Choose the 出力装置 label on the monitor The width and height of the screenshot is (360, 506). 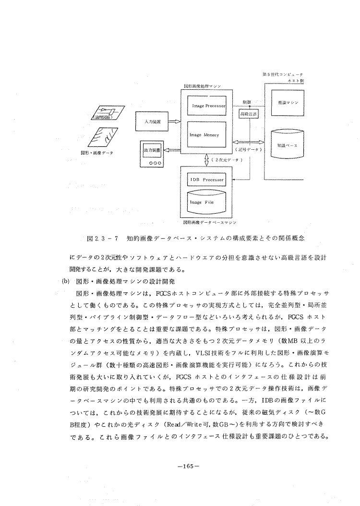click(152, 150)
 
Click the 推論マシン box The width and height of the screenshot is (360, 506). click(287, 103)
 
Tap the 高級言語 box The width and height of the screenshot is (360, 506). click(248, 115)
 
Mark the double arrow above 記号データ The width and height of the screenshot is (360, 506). click(248, 142)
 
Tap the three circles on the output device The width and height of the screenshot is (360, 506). click(152, 163)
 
